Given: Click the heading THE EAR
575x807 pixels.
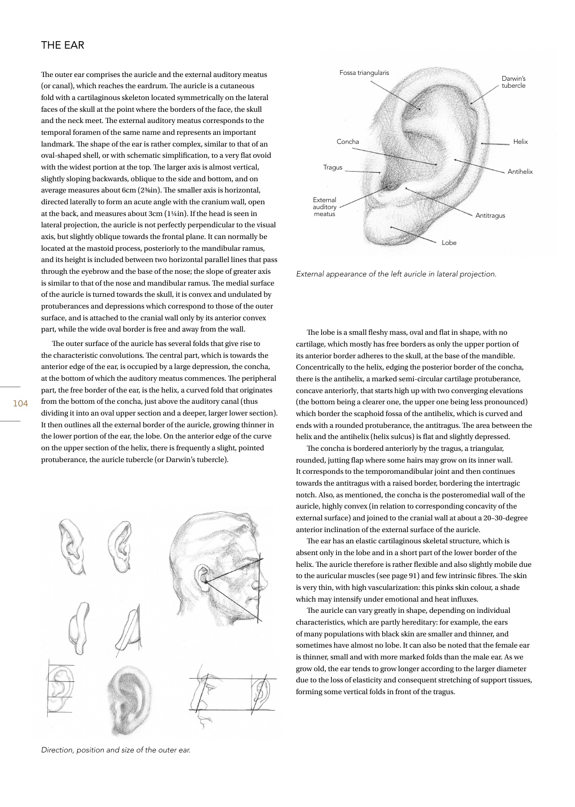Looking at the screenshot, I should tap(63, 45).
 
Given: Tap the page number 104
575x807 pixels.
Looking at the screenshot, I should tap(20, 404).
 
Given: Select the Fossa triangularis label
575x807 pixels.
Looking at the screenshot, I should tap(364, 73).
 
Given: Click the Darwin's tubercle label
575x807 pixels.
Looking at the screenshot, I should tap(513, 82).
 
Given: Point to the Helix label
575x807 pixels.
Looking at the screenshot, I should tap(520, 142).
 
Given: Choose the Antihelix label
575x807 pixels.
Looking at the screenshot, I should tap(520, 172).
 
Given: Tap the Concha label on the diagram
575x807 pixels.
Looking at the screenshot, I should tap(347, 142).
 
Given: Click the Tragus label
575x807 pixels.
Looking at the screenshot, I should tap(332, 167).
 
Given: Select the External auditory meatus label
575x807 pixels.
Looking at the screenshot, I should tap(324, 207).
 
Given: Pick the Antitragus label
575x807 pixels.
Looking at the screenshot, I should tap(490, 216).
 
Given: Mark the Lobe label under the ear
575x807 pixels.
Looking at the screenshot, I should tap(449, 243).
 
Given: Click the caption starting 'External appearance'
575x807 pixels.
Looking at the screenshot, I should tap(396, 274).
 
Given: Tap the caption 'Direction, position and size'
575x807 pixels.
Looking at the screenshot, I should tap(116, 750).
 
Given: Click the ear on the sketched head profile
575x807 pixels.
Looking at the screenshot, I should tap(203, 578).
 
